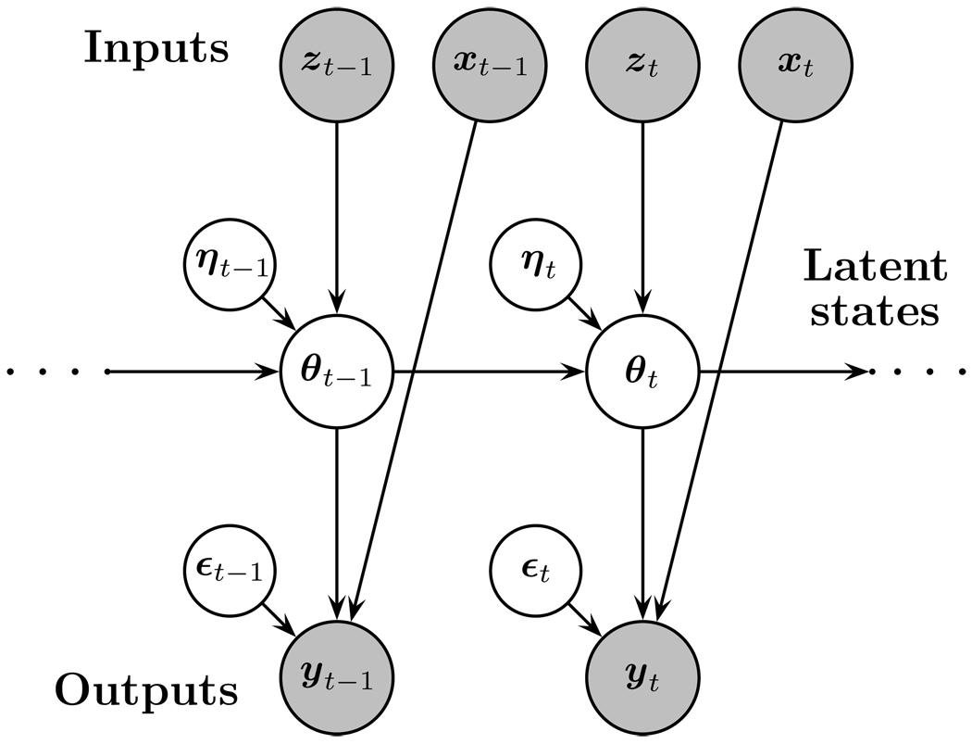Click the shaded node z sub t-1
coord(337,66)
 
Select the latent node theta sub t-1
coord(337,372)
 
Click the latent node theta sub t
coord(642,372)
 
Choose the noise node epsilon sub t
coord(537,570)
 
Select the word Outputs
coord(146,690)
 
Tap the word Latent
coord(875,269)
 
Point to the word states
coord(875,311)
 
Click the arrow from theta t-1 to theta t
coord(490,372)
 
